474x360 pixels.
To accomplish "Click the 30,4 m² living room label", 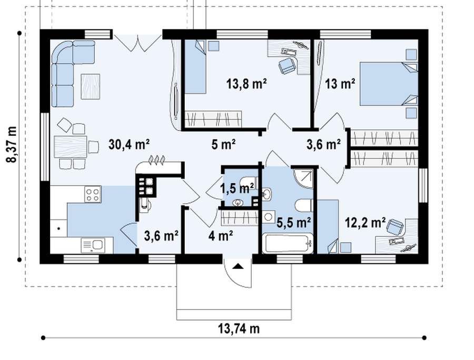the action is pyautogui.click(x=129, y=145).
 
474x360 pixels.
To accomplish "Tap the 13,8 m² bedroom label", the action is pyautogui.click(x=246, y=83).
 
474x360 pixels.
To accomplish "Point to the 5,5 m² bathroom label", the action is pyautogui.click(x=294, y=223).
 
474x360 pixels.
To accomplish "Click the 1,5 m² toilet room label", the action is pyautogui.click(x=236, y=188).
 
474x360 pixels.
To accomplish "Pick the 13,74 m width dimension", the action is pyautogui.click(x=239, y=328).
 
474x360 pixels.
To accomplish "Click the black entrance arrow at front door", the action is pyautogui.click(x=238, y=266).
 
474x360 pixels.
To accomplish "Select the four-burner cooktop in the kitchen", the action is pyautogui.click(x=93, y=194).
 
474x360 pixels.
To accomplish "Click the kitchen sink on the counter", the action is pyautogui.click(x=93, y=245).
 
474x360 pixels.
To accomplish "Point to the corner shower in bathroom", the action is pyautogui.click(x=303, y=178).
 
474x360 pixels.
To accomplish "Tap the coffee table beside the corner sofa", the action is pyautogui.click(x=90, y=86).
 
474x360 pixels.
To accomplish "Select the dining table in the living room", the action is pyautogui.click(x=71, y=147).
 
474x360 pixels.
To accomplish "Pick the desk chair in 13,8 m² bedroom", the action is pyautogui.click(x=287, y=65).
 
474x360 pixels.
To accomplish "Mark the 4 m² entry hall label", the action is pyautogui.click(x=220, y=235).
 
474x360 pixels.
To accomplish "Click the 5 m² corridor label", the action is pyautogui.click(x=223, y=145).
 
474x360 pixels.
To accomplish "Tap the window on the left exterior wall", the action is pyautogui.click(x=45, y=147).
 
